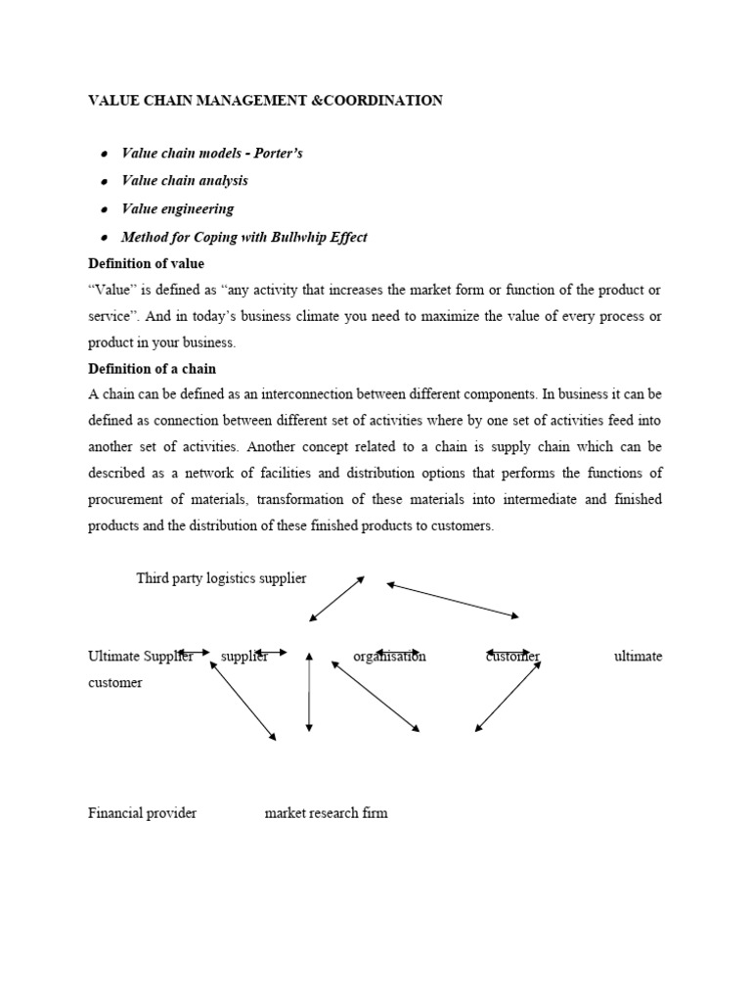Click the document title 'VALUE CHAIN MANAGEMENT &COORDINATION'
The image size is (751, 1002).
265,101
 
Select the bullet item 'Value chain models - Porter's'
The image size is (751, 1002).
211,154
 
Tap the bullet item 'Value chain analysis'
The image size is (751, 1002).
184,181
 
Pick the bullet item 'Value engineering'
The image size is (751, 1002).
177,208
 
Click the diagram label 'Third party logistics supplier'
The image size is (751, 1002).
221,578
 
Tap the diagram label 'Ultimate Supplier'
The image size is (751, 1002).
140,657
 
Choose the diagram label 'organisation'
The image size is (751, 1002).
389,657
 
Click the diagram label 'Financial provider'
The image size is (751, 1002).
142,813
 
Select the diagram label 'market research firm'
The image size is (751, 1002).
326,813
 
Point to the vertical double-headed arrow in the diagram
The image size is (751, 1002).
309,692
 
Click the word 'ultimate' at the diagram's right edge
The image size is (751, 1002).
638,657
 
